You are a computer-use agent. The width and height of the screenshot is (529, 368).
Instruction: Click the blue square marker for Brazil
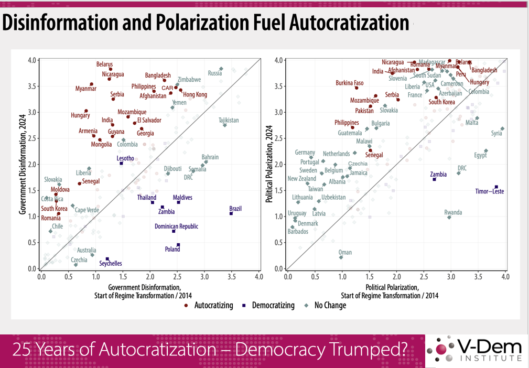click(x=231, y=213)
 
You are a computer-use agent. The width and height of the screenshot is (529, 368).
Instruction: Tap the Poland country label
click(x=172, y=250)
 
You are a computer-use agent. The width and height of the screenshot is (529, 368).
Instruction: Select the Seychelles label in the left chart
click(x=111, y=264)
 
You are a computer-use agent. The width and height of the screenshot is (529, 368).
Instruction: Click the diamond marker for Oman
click(x=341, y=257)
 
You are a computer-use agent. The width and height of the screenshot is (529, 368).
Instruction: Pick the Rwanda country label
click(x=453, y=212)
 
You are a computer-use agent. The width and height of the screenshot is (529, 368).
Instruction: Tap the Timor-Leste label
click(x=490, y=191)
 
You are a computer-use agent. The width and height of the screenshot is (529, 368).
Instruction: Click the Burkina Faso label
click(x=350, y=83)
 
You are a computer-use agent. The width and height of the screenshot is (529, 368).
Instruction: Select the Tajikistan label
click(x=229, y=121)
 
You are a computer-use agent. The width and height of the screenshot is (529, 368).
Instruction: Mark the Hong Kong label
click(x=195, y=95)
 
